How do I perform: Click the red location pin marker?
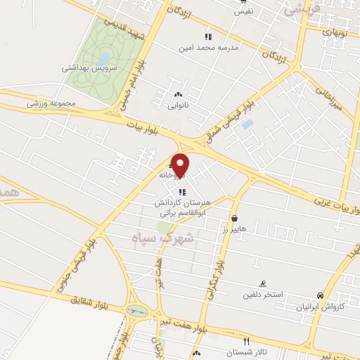(181, 165)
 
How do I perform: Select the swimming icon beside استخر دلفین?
(262, 283)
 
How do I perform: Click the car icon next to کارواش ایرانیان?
(321, 295)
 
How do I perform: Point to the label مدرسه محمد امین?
(230, 47)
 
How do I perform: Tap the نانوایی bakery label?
(178, 106)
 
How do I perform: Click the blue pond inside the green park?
(104, 58)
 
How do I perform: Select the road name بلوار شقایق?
(91, 302)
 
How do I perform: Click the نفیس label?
(243, 11)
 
